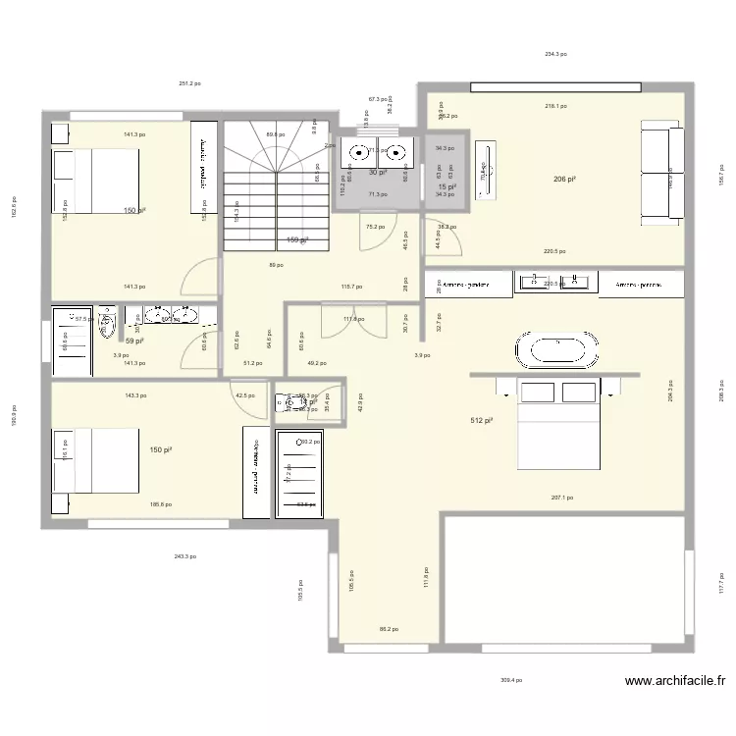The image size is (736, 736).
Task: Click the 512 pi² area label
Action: pyautogui.click(x=481, y=421)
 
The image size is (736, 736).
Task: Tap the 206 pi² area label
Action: pyautogui.click(x=564, y=180)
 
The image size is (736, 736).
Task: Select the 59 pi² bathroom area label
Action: pyautogui.click(x=134, y=341)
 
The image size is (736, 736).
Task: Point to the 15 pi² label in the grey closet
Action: pyautogui.click(x=447, y=186)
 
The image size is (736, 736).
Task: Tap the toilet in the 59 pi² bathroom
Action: pyautogui.click(x=107, y=324)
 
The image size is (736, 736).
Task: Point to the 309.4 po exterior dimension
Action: pyautogui.click(x=510, y=679)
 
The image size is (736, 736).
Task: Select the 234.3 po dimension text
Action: pyautogui.click(x=555, y=55)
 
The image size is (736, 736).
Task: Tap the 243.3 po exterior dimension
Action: pyautogui.click(x=184, y=556)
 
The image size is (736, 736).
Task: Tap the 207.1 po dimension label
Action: pyautogui.click(x=562, y=499)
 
